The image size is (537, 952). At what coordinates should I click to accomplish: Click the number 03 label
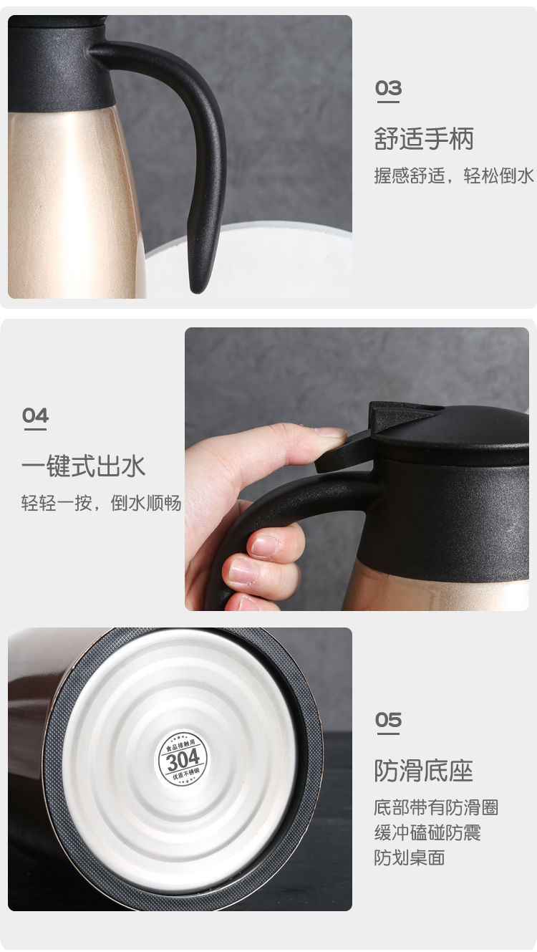tap(388, 89)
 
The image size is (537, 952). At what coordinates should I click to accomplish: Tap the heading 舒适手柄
tap(424, 139)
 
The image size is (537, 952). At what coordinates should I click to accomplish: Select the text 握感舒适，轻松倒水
tap(454, 176)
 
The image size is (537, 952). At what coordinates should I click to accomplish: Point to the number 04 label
tap(35, 415)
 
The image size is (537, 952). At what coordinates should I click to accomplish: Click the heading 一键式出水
tap(83, 466)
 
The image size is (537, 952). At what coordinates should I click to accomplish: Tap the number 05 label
tap(388, 720)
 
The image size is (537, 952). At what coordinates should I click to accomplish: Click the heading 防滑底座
tap(424, 771)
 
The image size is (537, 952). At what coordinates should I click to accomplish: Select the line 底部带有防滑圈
tap(436, 808)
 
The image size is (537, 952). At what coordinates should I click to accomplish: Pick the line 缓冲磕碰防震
tap(427, 832)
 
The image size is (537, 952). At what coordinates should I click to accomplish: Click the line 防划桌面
tap(410, 857)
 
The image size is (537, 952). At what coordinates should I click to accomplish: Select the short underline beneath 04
tap(35, 430)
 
